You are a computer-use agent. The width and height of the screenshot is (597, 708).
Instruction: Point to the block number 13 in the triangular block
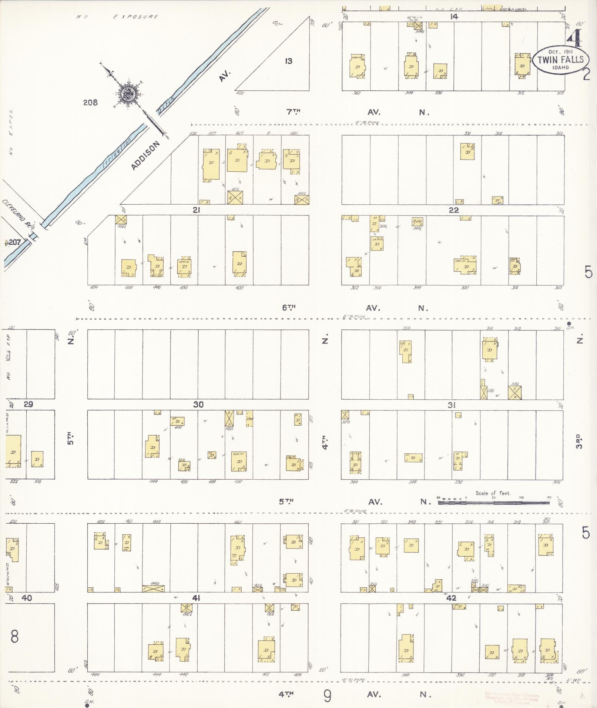click(288, 61)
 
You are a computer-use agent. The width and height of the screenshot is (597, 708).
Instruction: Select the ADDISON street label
click(146, 155)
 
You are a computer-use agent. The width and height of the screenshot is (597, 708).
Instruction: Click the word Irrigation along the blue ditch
click(117, 155)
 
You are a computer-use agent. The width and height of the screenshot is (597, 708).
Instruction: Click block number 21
click(196, 210)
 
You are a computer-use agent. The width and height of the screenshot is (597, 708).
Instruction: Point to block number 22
click(453, 210)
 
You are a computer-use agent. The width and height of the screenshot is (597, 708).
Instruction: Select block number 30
click(198, 405)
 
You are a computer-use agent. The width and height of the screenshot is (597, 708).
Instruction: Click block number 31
click(451, 405)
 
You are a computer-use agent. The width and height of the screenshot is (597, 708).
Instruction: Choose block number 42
click(451, 598)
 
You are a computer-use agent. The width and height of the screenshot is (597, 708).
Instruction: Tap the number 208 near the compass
click(90, 103)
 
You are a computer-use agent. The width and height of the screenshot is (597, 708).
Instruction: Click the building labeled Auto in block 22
click(417, 222)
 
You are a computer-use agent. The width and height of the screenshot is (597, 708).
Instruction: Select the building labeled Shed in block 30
click(249, 418)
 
